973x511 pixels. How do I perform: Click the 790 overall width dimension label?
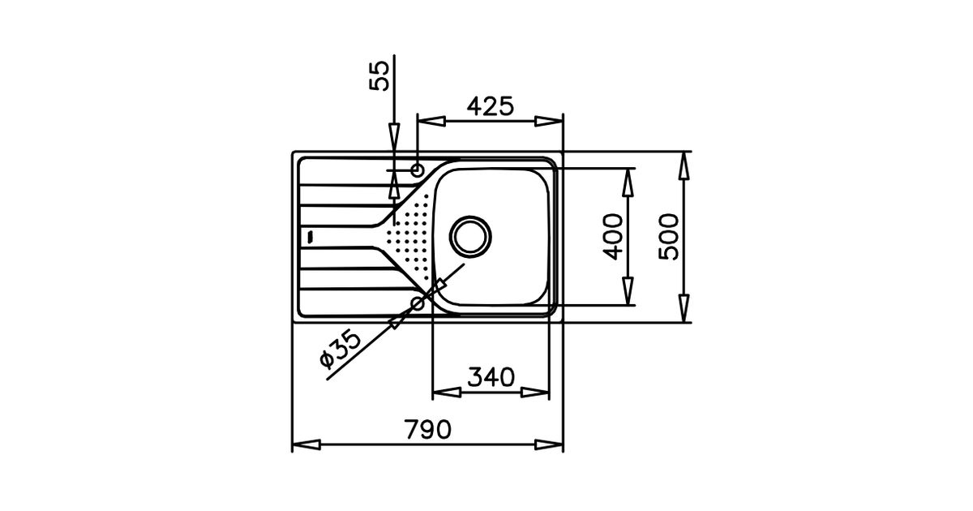tap(428, 429)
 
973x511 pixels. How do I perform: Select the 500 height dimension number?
tap(668, 237)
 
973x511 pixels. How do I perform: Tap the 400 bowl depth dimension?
tap(613, 237)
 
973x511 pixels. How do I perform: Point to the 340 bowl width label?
tap(491, 377)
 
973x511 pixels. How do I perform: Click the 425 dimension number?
tap(491, 106)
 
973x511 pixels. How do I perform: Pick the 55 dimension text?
tap(379, 76)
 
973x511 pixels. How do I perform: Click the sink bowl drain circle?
tap(470, 236)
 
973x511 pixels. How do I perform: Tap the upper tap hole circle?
tap(418, 170)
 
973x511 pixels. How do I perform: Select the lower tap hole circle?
tap(418, 303)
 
